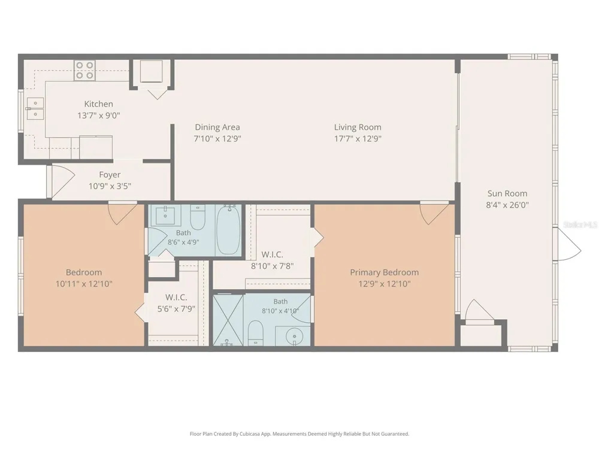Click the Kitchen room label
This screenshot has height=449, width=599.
pos(99,104)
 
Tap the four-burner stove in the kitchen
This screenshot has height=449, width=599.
pos(84,70)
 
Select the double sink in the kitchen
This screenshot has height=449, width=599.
pos(35,108)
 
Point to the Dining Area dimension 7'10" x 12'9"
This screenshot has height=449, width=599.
pos(217,139)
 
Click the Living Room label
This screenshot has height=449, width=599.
pos(358,127)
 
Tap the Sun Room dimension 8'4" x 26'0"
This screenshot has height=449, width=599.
pos(507,205)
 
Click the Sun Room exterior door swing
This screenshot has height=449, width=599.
pos(567,244)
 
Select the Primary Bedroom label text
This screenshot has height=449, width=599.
pos(385,272)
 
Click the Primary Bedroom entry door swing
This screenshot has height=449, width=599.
pos(434,213)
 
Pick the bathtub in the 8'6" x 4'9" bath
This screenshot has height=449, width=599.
pos(228,230)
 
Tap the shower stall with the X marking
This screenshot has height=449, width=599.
pos(228,320)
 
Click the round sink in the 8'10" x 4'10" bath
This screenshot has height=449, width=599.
pos(294,336)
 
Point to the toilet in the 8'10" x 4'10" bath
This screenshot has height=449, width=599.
pos(256,333)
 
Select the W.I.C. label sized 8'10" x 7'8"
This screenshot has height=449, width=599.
pos(273,254)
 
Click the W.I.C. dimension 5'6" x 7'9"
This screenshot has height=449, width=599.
pos(176,308)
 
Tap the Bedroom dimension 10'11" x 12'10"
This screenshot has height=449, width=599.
pos(84,284)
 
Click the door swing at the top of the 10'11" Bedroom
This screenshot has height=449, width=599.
pos(123,213)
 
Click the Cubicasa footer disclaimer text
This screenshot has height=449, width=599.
pos(299,433)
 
